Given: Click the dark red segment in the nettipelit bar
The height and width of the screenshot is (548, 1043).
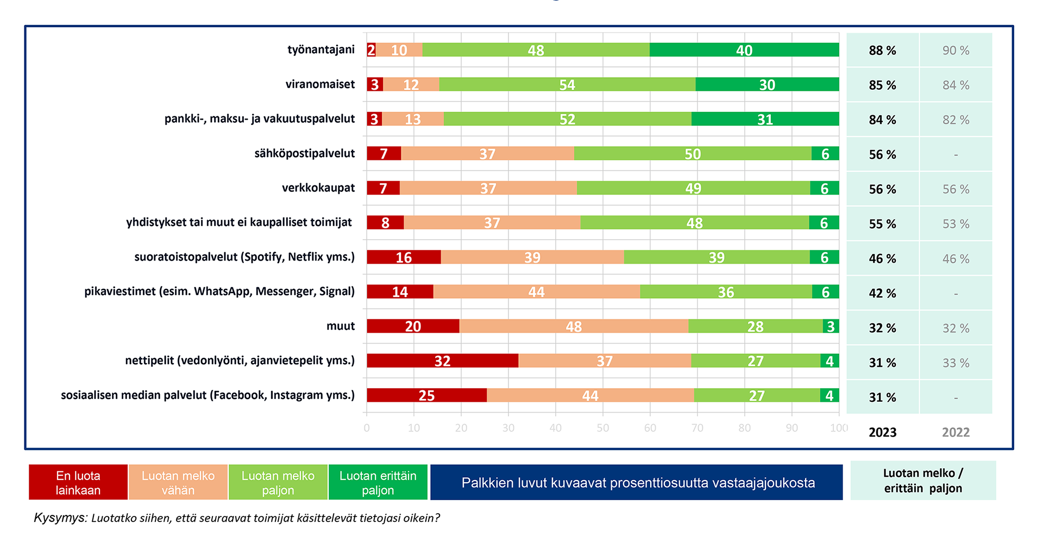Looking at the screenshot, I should coord(442,360).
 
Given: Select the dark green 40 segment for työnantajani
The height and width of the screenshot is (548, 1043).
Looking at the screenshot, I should coord(744,50).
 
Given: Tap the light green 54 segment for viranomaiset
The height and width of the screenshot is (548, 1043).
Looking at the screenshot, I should coord(567,85).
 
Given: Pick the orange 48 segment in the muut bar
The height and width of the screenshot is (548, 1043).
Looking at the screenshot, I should coord(574,326).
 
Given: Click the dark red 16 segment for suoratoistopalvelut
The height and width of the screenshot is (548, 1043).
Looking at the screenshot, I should coord(404,257).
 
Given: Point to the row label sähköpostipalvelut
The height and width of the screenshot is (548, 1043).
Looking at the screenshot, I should coord(304,153).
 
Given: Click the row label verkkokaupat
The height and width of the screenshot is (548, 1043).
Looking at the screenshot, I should coord(318,188).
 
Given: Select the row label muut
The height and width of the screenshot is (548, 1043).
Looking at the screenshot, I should coord(340,326).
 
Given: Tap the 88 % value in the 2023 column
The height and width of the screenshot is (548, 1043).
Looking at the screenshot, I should coord(882,51).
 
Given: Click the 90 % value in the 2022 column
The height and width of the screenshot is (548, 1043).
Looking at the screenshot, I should coord(956,51).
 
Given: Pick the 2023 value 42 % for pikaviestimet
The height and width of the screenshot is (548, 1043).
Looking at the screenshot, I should coord(882,294).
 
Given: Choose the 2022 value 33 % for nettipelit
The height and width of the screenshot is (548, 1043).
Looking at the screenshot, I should coord(956,363).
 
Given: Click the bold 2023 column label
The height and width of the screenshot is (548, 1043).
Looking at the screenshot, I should coord(882,433).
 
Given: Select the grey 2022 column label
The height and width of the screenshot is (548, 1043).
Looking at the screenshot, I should coord(956,433).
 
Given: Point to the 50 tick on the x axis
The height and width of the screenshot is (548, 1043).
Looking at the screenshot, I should coord(602,428).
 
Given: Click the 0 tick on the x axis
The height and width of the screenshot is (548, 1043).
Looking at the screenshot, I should coord(367,428).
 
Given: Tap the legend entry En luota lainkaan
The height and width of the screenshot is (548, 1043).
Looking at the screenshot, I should coord(78,483).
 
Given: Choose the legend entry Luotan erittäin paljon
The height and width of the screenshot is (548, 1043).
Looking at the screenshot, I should coord(378,483).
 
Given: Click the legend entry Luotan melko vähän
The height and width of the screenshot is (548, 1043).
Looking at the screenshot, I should coord(178,483).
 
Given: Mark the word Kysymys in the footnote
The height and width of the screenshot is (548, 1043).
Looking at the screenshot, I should coord(60,518).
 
